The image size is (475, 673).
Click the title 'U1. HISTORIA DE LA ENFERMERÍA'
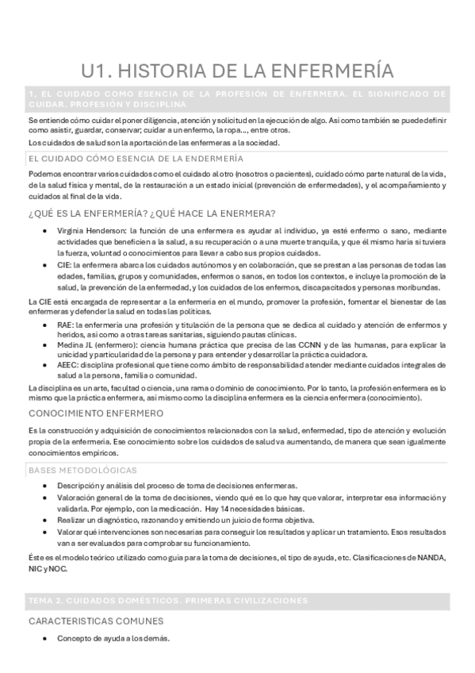(238, 71)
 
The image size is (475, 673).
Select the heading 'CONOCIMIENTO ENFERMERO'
(90, 413)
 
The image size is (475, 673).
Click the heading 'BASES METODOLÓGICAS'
(82, 470)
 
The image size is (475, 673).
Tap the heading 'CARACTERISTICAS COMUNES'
(96, 620)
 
